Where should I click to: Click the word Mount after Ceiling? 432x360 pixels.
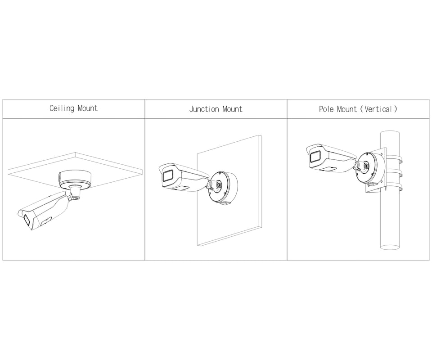88,108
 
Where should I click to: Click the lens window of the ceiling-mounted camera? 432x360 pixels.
27,220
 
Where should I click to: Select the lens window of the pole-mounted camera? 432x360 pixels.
314,157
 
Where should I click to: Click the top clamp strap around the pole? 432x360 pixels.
395,159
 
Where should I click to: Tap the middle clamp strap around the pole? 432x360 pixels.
395,173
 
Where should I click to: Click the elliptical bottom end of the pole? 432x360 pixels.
390,247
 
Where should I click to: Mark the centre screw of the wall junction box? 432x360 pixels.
219,185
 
